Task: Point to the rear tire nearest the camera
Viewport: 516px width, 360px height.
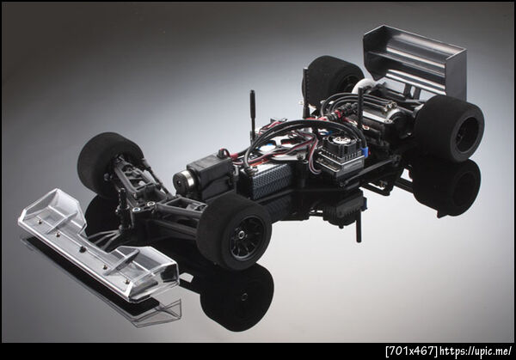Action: (x=449, y=128)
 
